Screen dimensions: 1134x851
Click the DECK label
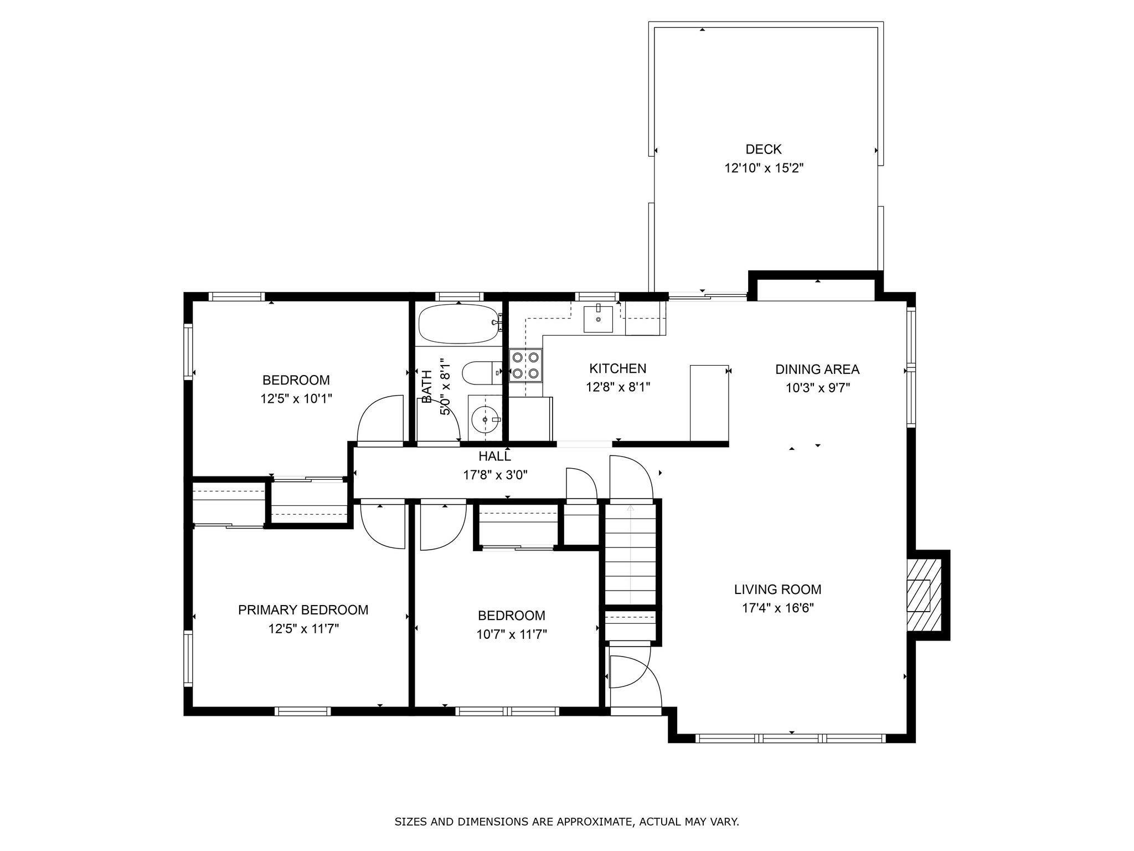click(x=764, y=149)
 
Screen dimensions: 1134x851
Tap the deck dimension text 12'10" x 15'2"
click(x=764, y=168)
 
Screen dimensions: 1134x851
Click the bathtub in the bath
click(x=460, y=324)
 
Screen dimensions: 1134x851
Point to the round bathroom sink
click(x=485, y=420)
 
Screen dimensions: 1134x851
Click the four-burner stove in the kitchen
click(x=525, y=366)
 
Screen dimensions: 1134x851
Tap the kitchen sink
click(x=598, y=318)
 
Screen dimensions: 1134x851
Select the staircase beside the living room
click(x=630, y=554)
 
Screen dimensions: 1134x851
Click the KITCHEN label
click(x=617, y=368)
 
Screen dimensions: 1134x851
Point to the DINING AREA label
click(x=817, y=369)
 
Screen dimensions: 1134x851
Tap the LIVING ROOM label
click(x=777, y=589)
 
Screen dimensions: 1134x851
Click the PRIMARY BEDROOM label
click(x=303, y=610)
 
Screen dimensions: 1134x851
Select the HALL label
click(x=495, y=456)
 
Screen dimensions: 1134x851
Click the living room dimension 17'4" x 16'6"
click(x=777, y=608)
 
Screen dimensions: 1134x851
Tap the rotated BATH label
click(x=426, y=387)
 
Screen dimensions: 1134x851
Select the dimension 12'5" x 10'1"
click(x=296, y=399)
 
